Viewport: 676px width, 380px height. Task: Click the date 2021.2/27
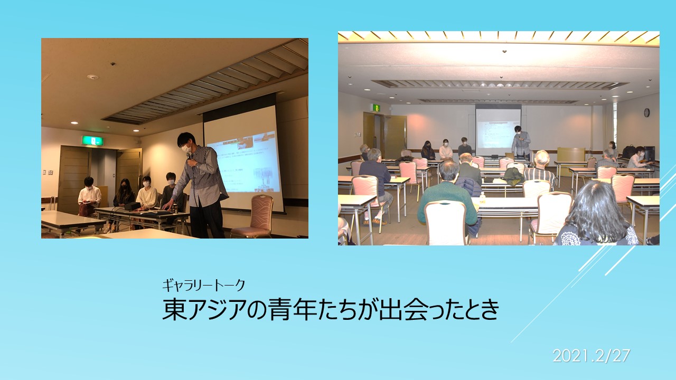point(591,356)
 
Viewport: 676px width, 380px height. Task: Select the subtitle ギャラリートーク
point(203,286)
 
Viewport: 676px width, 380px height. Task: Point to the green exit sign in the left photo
point(92,140)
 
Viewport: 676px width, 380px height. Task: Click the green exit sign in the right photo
point(375,107)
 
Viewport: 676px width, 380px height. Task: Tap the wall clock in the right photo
point(646,112)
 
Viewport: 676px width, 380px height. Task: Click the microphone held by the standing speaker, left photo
point(189,157)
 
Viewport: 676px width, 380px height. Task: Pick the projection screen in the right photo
point(498,130)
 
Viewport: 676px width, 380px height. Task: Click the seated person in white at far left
point(89,195)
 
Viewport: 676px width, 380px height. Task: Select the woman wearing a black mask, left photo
point(124,193)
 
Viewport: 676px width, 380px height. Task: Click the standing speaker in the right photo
point(521,142)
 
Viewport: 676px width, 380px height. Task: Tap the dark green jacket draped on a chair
point(513,176)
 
